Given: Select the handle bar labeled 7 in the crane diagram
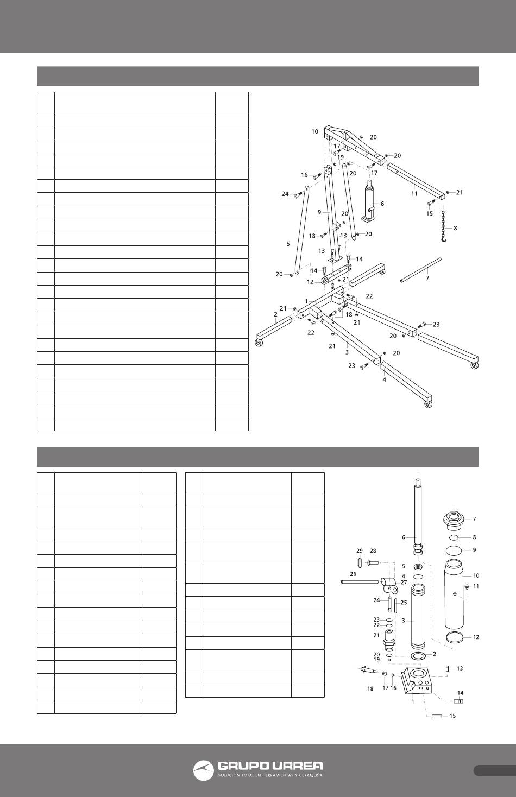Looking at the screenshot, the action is coord(421,270).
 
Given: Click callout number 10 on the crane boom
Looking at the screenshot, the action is coord(315,131).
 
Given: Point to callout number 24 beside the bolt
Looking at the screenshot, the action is coord(285,194).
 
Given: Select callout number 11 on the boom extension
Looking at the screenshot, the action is coord(414,193).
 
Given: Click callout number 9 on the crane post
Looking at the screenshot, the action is coord(320,211).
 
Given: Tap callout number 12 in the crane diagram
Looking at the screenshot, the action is coord(310,282).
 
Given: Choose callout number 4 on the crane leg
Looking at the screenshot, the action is coord(384,380).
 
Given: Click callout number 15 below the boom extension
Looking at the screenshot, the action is coord(430,213).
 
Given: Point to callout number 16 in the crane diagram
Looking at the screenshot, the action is coord(304,175).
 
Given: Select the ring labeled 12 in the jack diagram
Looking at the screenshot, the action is coord(454,636).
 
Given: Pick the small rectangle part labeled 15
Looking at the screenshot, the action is coord(438,717).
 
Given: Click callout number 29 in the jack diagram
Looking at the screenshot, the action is coord(360,551).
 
